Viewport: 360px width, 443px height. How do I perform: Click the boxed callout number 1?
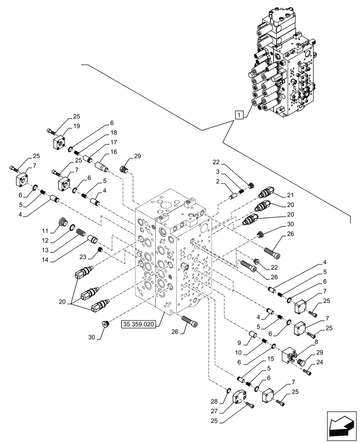(239, 115)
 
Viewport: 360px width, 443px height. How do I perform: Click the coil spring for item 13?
(80, 232)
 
